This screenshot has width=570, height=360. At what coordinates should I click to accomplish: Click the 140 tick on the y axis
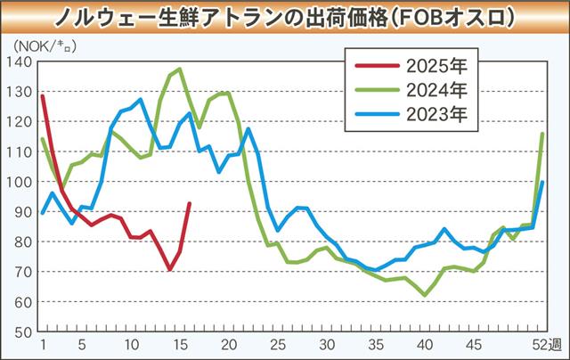20,61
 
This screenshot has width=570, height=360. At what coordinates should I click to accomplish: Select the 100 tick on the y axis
20,182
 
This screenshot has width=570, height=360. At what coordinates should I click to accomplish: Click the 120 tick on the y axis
20,121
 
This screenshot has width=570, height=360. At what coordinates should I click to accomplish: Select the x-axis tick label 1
43,344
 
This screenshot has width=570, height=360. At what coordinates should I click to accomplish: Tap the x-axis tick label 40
426,344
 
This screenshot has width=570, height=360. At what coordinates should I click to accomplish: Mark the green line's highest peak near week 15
180,69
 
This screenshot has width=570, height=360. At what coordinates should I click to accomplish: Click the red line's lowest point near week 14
170,269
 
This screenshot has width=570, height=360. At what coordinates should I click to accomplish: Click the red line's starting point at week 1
43,94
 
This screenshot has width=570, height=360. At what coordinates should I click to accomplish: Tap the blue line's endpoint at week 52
542,183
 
